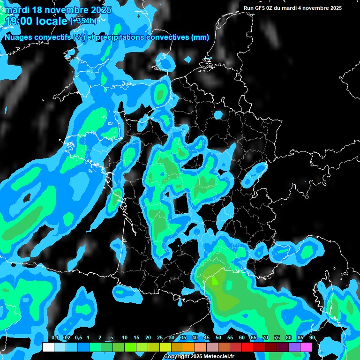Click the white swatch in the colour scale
pos(48,347)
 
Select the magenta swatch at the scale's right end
pos(306,347)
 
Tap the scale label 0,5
pos(78,338)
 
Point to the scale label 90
pos(312,338)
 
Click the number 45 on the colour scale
pos(207,338)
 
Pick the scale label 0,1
pos(55,338)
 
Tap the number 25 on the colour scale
pos(160,338)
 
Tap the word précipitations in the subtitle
pos(120,37)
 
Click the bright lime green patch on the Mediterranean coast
pos(214,281)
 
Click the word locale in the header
pos(51,21)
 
